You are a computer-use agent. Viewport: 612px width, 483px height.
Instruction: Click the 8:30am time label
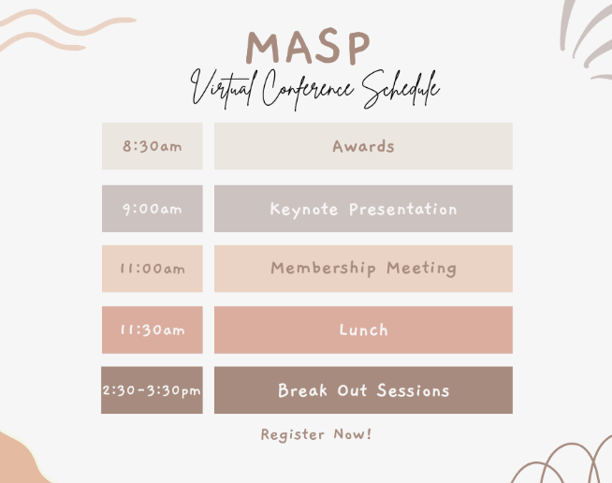pyautogui.click(x=152, y=147)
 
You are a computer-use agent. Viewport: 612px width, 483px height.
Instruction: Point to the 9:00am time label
pyautogui.click(x=152, y=209)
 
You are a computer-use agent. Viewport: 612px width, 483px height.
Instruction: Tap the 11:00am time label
pyautogui.click(x=152, y=269)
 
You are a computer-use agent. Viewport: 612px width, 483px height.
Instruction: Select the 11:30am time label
pyautogui.click(x=152, y=329)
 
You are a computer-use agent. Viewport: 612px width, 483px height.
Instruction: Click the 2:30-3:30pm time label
pyautogui.click(x=152, y=390)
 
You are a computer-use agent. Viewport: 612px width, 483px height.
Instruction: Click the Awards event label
pyautogui.click(x=363, y=146)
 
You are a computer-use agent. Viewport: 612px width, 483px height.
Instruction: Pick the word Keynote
pyautogui.click(x=304, y=209)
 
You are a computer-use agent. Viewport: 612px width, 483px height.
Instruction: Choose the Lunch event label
pyautogui.click(x=363, y=329)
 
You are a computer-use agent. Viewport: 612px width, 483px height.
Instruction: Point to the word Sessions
pyautogui.click(x=413, y=390)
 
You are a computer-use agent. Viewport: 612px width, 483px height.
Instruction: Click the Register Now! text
pyautogui.click(x=316, y=434)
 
